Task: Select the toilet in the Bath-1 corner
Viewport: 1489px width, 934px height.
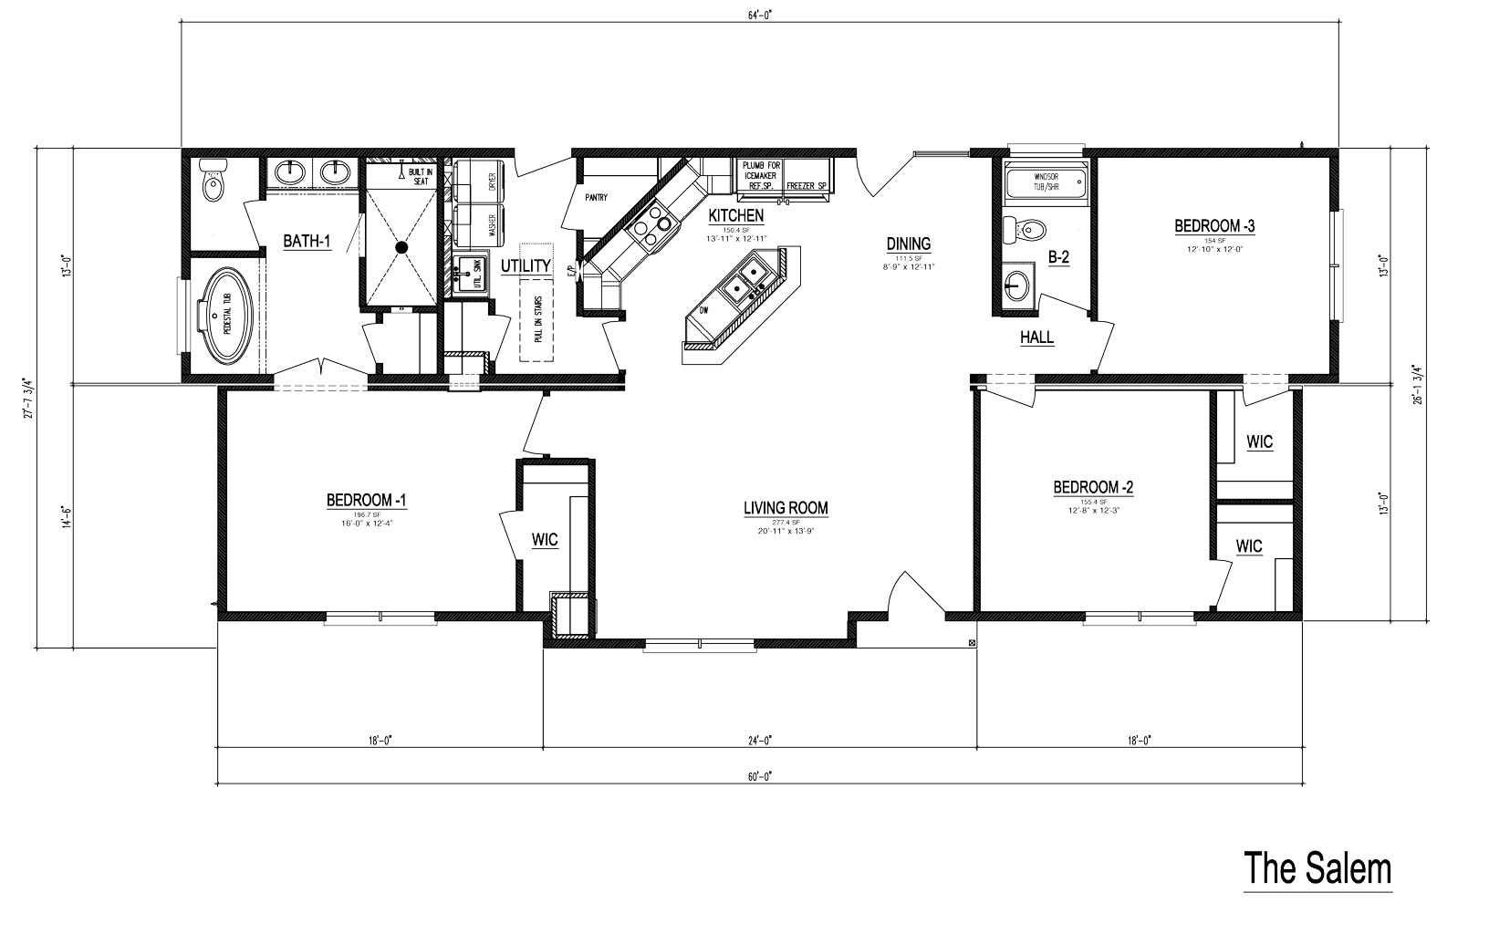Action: click(213, 184)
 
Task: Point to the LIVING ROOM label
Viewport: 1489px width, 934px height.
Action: click(785, 508)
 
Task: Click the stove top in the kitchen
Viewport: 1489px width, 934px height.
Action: click(651, 224)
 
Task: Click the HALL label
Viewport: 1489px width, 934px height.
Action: click(1036, 337)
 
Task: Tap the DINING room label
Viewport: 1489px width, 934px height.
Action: click(908, 244)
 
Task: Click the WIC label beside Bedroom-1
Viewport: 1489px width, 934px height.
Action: click(545, 540)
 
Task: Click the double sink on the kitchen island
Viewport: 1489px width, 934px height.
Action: click(744, 280)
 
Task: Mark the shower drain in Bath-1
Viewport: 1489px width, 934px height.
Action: click(401, 246)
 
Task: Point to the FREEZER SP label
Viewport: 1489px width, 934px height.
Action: click(807, 186)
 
